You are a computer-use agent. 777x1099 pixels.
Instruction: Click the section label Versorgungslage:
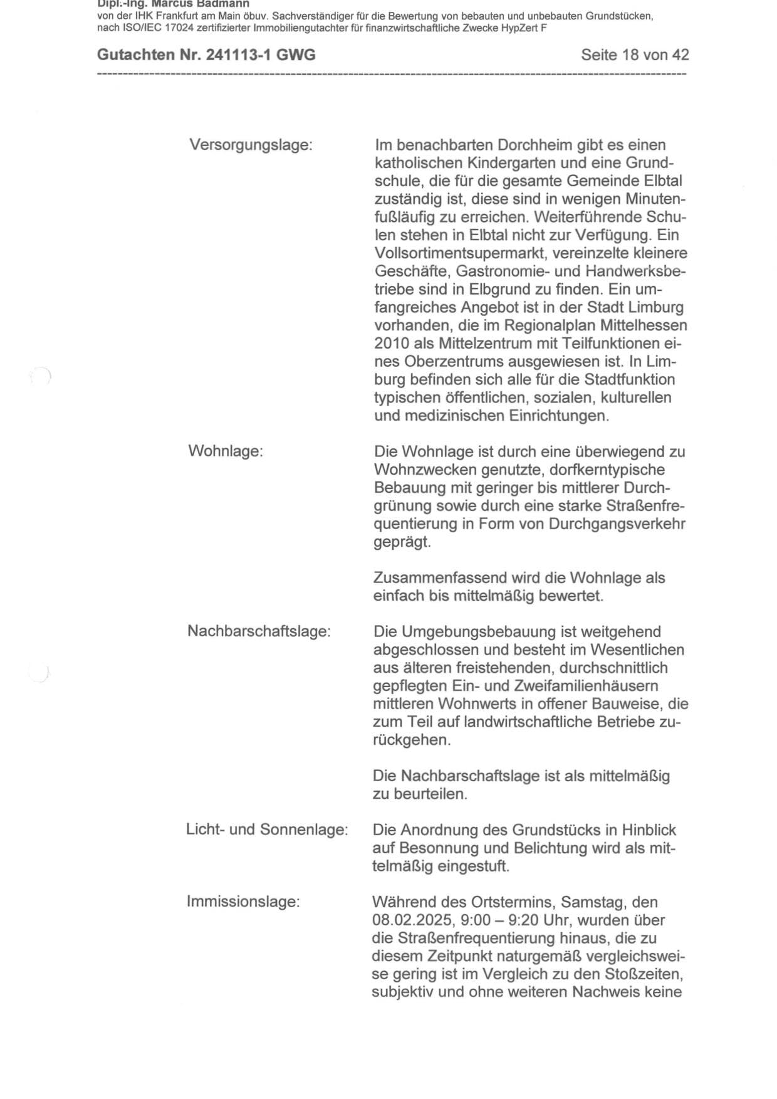tap(251, 145)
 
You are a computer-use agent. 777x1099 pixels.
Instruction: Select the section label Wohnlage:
tap(226, 451)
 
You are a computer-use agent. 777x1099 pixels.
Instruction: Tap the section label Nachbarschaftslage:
tap(259, 631)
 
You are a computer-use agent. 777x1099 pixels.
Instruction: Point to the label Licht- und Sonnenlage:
tap(267, 829)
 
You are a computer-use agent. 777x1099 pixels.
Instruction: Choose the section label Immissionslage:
tap(243, 902)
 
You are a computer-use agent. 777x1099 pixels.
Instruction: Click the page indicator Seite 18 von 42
tap(635, 55)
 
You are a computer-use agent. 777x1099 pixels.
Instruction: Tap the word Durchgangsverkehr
tap(617, 523)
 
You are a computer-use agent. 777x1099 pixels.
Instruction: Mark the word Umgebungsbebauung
tap(476, 631)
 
